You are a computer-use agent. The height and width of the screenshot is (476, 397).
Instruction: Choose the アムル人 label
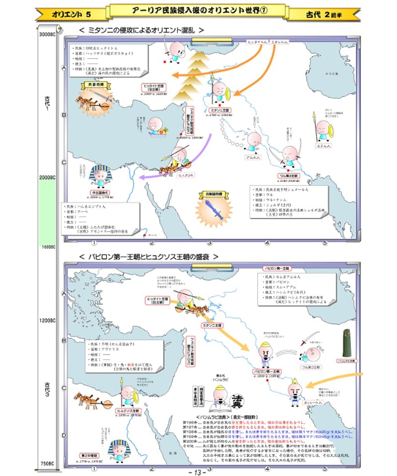pos(253,157)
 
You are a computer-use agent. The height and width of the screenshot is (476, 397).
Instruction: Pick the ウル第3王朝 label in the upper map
pos(288,176)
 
